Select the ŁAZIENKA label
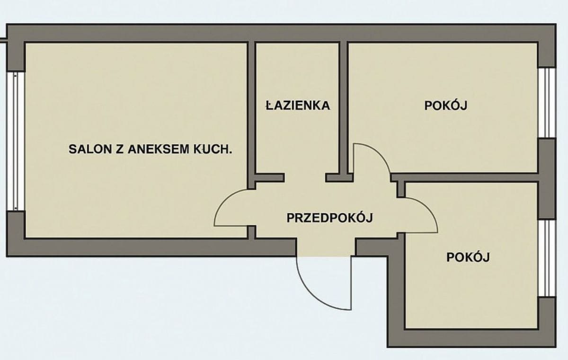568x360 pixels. [x=297, y=105]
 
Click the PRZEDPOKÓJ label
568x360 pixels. [x=330, y=218]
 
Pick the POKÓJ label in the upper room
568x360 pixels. [x=446, y=105]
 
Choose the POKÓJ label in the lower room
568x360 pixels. [x=468, y=257]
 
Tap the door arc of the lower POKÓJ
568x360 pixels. [x=426, y=208]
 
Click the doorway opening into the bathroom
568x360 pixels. [x=304, y=178]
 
